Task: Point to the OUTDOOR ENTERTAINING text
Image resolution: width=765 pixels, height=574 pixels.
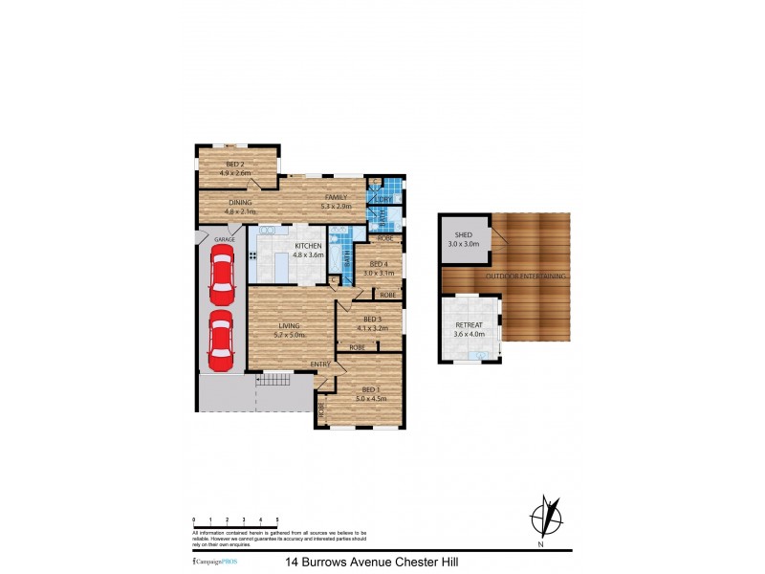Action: coord(526,276)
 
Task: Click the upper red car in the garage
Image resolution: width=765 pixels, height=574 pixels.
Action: coord(221,272)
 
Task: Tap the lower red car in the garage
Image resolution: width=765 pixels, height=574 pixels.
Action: coord(221,340)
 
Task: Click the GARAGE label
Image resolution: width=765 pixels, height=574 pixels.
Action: coord(224,239)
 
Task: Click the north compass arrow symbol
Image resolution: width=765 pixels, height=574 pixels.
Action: coord(543,517)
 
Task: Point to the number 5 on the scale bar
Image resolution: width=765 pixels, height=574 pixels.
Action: coord(277,518)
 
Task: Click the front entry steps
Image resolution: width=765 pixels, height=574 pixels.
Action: coord(275,380)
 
